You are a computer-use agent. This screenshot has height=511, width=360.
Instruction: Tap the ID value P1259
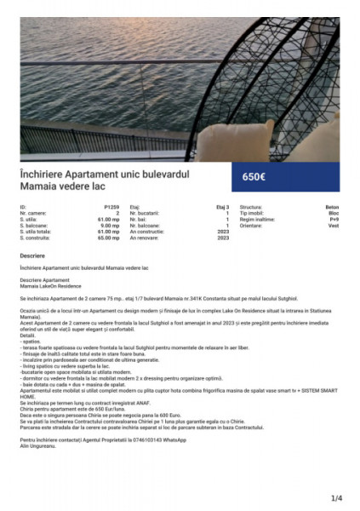111,207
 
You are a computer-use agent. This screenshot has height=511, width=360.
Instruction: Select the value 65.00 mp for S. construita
108,238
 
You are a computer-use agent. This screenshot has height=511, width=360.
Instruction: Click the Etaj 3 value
223,207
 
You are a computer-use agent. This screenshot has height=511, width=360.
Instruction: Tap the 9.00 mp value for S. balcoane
110,225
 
